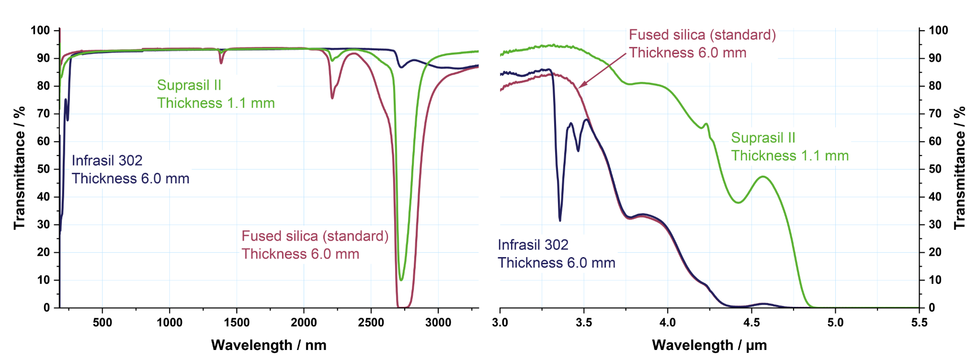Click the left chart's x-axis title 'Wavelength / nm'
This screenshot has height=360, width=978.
pyautogui.click(x=269, y=345)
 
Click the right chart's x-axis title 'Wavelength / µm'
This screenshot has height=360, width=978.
pyautogui.click(x=709, y=345)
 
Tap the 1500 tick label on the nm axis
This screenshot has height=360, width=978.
pyautogui.click(x=237, y=323)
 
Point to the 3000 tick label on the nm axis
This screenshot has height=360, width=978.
pyautogui.click(x=438, y=323)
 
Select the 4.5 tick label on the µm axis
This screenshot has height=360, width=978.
pyautogui.click(x=751, y=323)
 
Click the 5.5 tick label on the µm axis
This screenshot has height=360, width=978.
pyautogui.click(x=919, y=323)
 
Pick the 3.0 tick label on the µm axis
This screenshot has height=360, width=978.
pyautogui.click(x=500, y=323)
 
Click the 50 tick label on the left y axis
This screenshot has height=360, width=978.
pyautogui.click(x=44, y=169)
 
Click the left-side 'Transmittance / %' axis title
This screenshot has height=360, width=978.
pyautogui.click(x=19, y=168)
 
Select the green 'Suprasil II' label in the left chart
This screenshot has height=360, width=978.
pyautogui.click(x=189, y=85)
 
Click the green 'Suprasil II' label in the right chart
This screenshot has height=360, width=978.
pyautogui.click(x=763, y=138)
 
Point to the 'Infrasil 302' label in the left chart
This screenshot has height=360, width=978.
pyautogui.click(x=107, y=160)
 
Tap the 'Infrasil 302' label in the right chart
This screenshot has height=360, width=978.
pyautogui.click(x=533, y=245)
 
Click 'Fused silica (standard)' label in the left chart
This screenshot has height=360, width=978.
pyautogui.click(x=315, y=236)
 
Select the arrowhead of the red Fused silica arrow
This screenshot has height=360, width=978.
pyautogui.click(x=580, y=87)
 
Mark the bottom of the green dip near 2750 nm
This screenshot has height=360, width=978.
pyautogui.click(x=401, y=280)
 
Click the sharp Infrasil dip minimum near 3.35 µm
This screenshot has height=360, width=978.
pyautogui.click(x=560, y=220)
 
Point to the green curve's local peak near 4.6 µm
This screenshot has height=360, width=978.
pyautogui.click(x=763, y=177)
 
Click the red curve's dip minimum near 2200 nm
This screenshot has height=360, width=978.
pyautogui.click(x=332, y=98)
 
